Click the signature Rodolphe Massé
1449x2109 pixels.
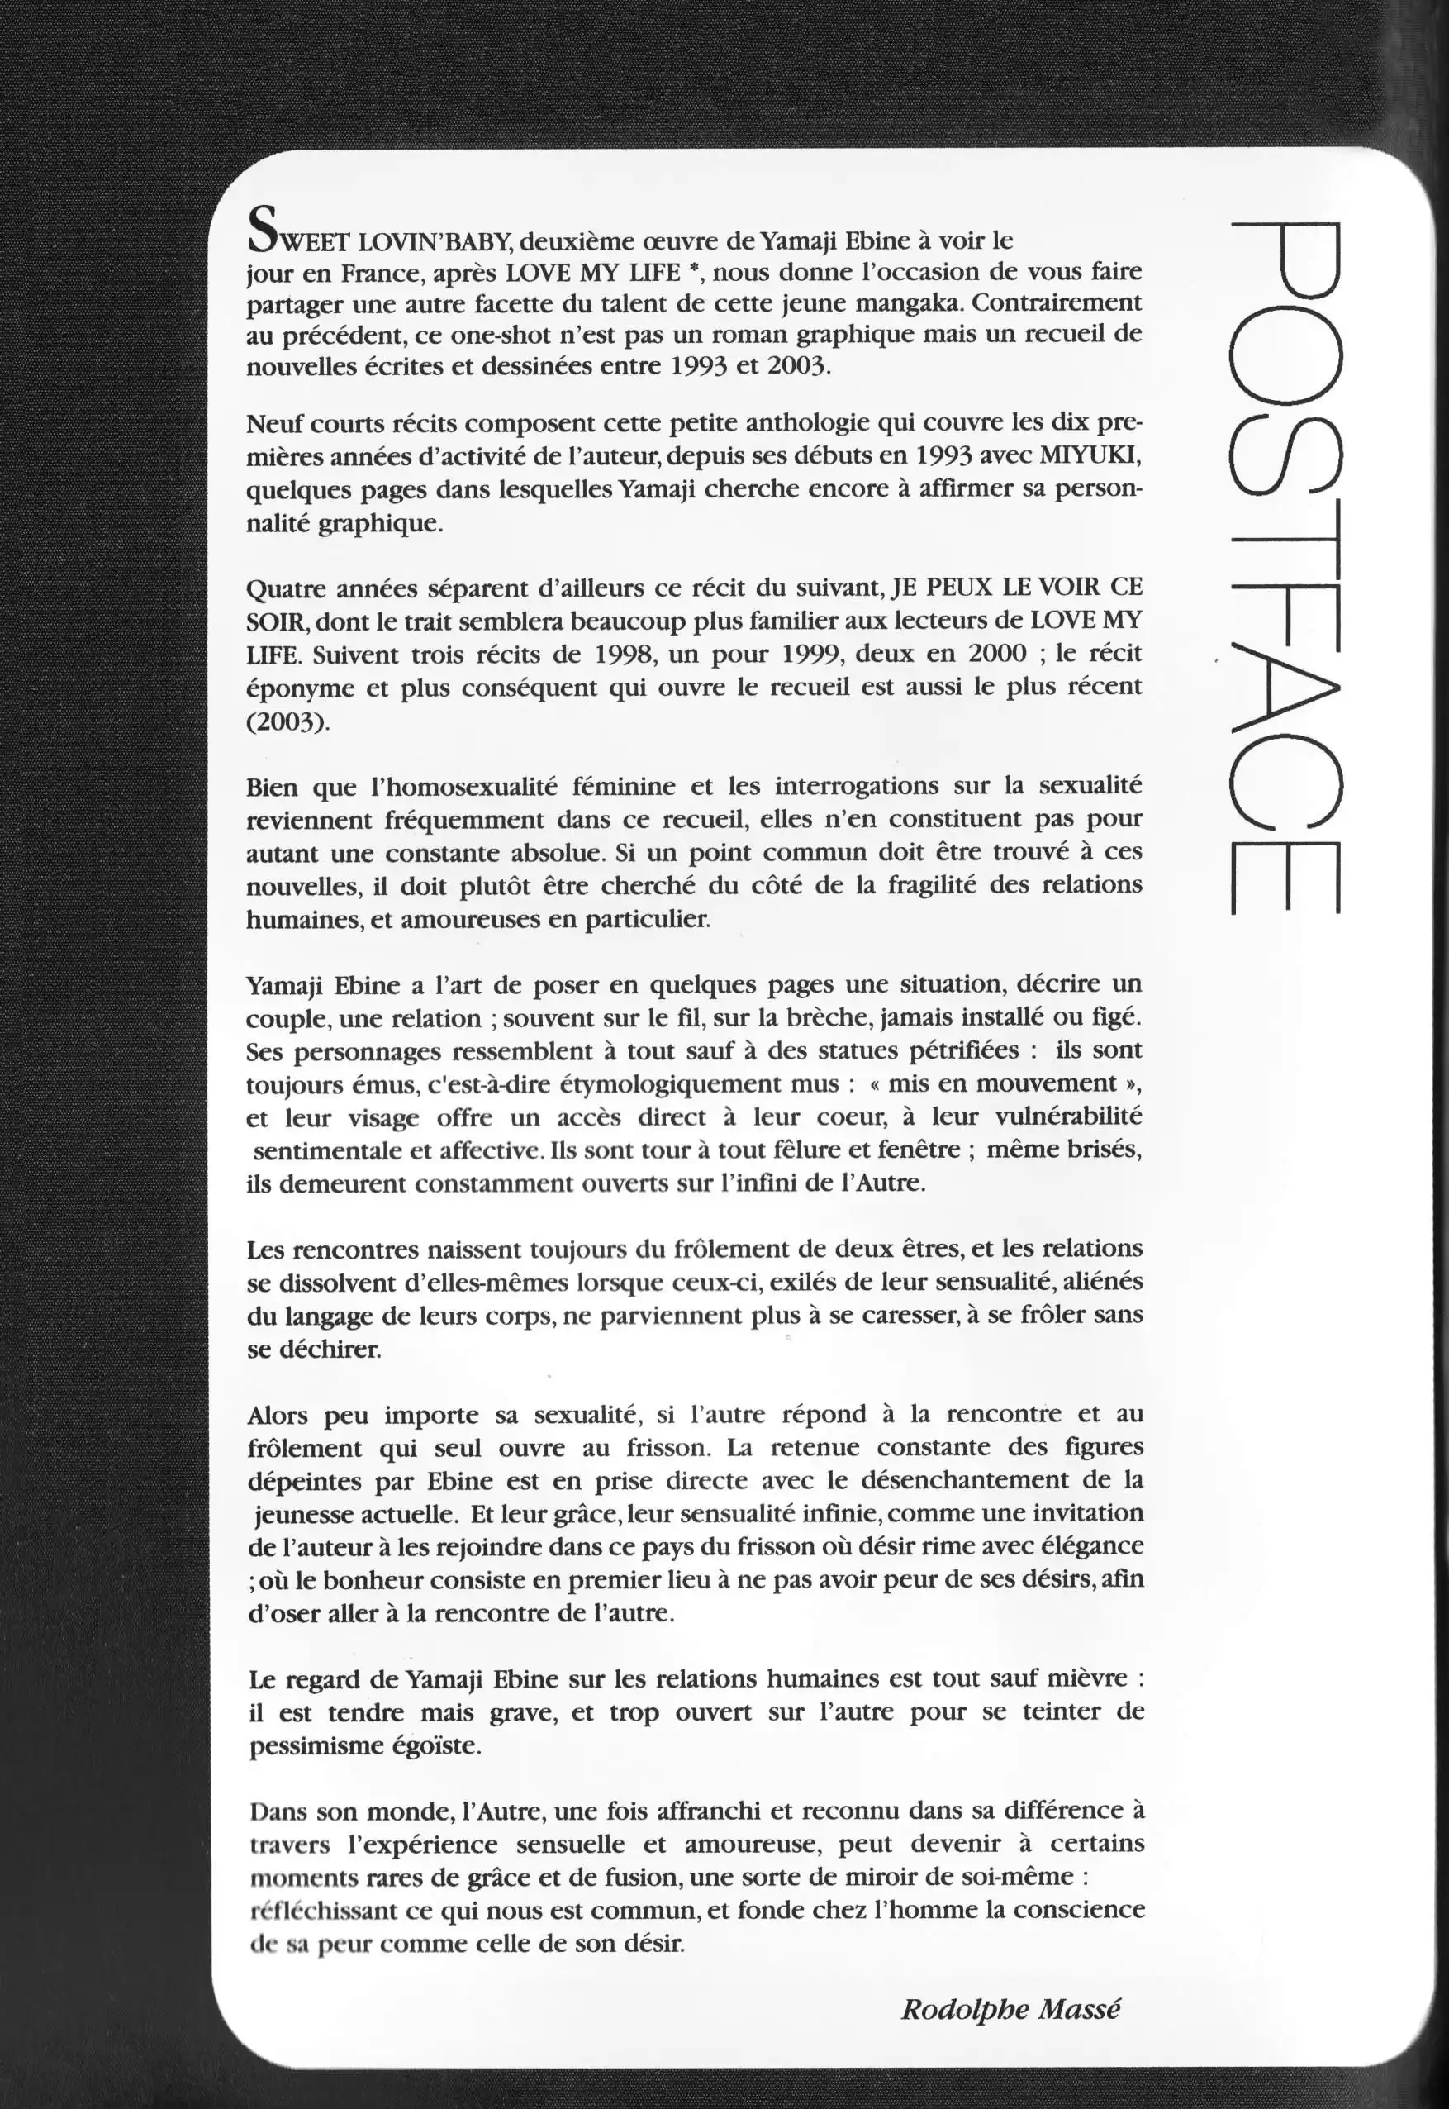pyautogui.click(x=1010, y=2009)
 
